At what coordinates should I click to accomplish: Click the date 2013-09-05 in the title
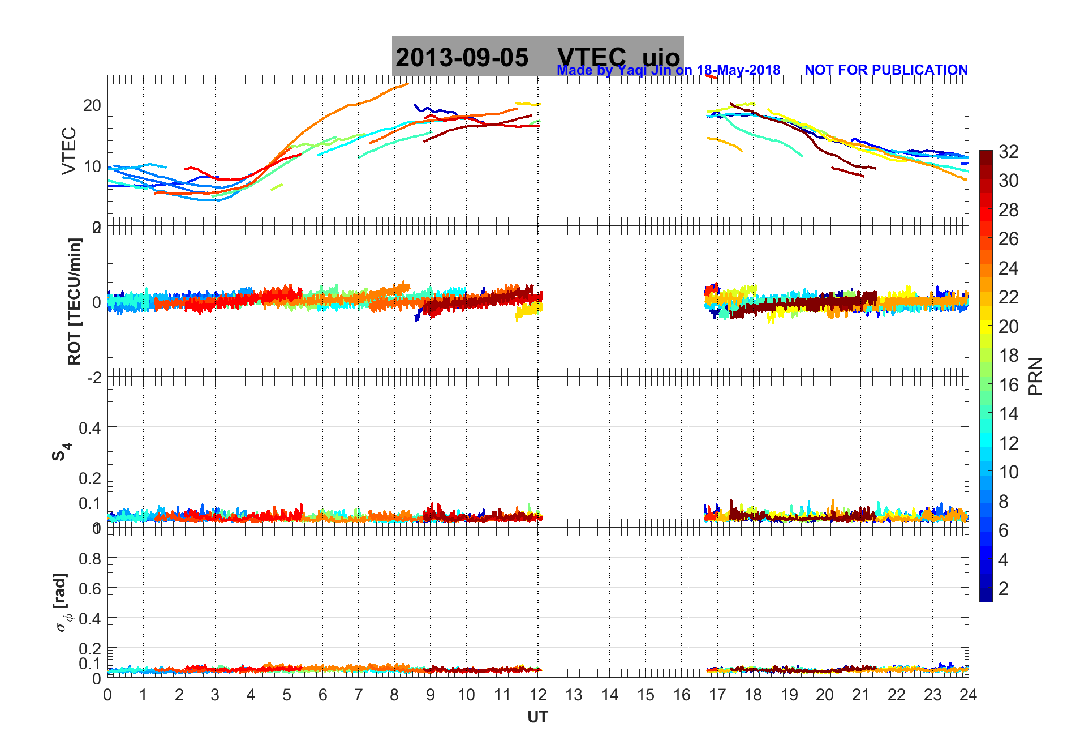pyautogui.click(x=462, y=58)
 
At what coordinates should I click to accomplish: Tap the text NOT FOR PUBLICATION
pyautogui.click(x=886, y=70)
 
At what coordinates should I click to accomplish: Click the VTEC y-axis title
pyautogui.click(x=69, y=151)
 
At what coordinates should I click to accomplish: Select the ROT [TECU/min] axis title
pyautogui.click(x=74, y=301)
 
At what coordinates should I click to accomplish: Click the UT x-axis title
pyautogui.click(x=537, y=717)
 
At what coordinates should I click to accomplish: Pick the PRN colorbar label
pyautogui.click(x=1035, y=376)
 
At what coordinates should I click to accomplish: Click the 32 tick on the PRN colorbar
pyautogui.click(x=1008, y=152)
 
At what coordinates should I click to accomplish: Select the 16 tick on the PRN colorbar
pyautogui.click(x=1008, y=385)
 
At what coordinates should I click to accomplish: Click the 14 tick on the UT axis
pyautogui.click(x=610, y=695)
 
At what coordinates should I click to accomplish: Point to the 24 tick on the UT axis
pyautogui.click(x=968, y=695)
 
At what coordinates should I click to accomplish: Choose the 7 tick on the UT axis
pyautogui.click(x=359, y=695)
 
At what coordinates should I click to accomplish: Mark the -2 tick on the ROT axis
pyautogui.click(x=94, y=377)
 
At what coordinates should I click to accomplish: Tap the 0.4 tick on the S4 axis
pyautogui.click(x=90, y=427)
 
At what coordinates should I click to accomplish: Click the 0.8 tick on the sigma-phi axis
pyautogui.click(x=90, y=559)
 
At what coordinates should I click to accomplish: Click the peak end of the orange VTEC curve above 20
pyautogui.click(x=407, y=84)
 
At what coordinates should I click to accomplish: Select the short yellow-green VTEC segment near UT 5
pyautogui.click(x=277, y=187)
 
